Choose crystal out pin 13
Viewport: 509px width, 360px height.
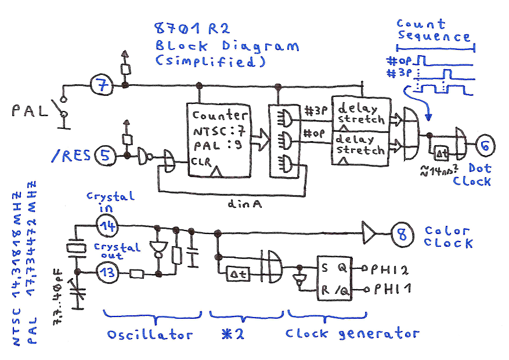104,272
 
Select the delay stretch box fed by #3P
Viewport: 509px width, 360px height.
360,113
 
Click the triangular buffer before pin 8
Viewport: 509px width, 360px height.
369,233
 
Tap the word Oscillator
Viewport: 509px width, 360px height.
150,335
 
